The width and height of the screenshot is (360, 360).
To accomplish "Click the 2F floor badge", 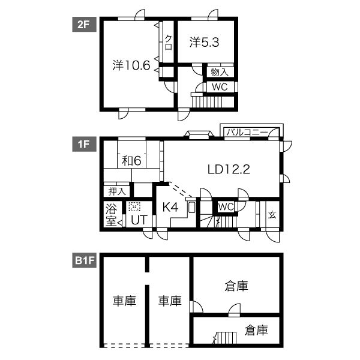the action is (x=84, y=25).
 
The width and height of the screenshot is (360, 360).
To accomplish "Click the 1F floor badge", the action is (x=84, y=144).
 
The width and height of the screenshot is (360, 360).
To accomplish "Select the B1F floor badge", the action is (x=84, y=260).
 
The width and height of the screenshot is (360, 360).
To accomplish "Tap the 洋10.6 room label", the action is (x=131, y=65).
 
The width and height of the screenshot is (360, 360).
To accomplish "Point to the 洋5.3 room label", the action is (x=204, y=42).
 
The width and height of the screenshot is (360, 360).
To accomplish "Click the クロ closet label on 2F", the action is (x=169, y=43).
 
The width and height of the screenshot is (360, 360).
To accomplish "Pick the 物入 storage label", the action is (x=220, y=72).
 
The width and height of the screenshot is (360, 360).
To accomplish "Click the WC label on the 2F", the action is (x=220, y=87).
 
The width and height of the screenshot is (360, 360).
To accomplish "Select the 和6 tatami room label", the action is (x=131, y=160).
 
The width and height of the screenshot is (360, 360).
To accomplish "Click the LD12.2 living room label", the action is (x=229, y=169).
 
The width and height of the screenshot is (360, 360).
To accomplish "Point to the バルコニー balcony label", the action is (x=247, y=132).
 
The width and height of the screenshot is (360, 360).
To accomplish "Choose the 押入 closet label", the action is (x=117, y=191).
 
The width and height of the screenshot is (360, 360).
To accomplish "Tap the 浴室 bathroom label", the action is (x=111, y=215).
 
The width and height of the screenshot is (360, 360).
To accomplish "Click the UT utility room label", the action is (x=139, y=220).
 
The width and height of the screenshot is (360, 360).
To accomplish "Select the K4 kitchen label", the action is (x=170, y=207).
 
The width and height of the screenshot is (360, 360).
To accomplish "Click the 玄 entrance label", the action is (x=272, y=215).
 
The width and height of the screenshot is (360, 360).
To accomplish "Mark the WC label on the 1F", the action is (x=226, y=207).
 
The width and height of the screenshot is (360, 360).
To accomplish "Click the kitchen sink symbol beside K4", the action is (x=192, y=208).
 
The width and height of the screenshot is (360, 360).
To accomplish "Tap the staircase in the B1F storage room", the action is (x=226, y=338).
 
